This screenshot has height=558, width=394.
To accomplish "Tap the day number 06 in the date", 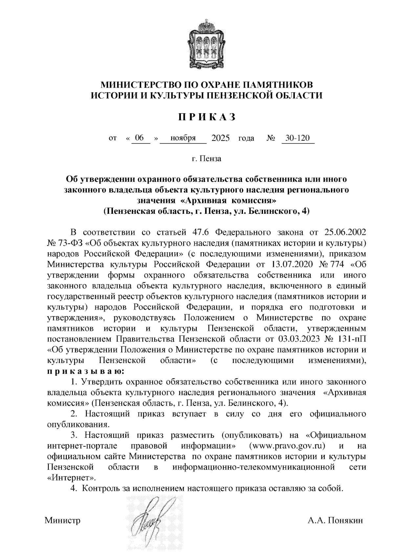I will pos(139,138).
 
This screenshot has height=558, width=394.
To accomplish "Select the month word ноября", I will pos(183,138).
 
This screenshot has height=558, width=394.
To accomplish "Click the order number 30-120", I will pos(297,138).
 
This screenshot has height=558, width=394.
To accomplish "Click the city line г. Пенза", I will pos(207,159).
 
